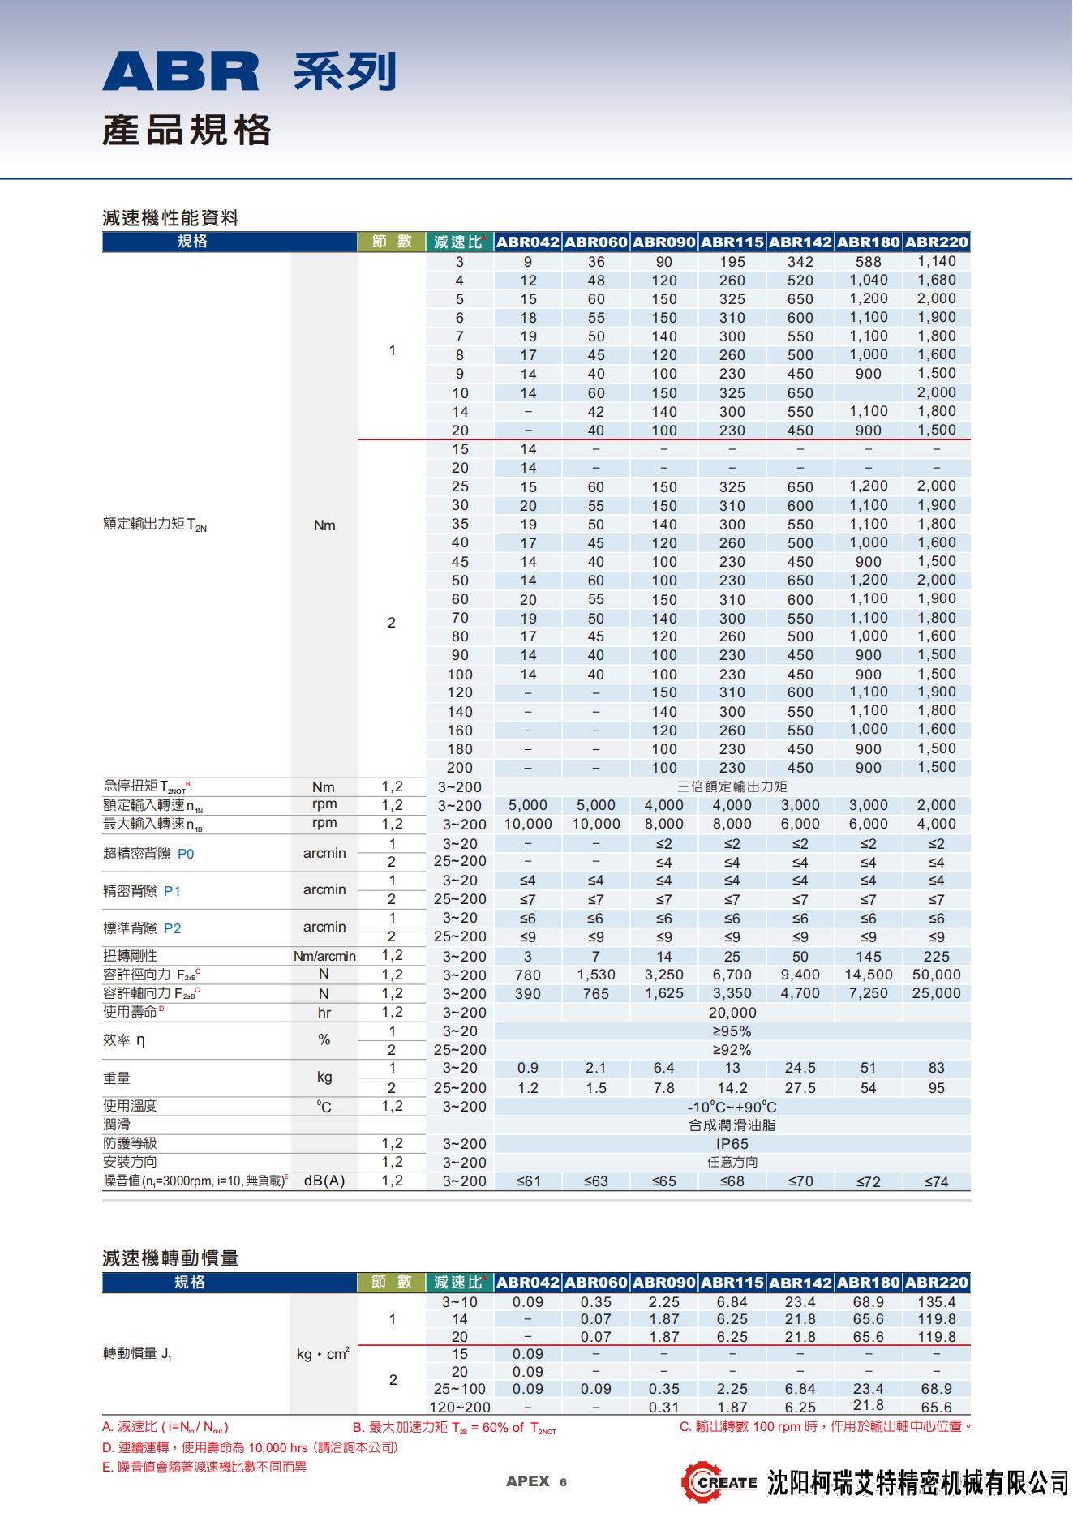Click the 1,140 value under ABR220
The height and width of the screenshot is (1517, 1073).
[x=936, y=262]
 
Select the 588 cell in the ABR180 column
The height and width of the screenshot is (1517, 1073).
[x=868, y=262]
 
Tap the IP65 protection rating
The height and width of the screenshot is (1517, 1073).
[x=732, y=1144]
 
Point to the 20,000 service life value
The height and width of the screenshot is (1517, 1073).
[x=732, y=1013]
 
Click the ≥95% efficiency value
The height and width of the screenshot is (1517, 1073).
[x=732, y=1031]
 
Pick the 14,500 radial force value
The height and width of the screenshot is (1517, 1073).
[x=868, y=975]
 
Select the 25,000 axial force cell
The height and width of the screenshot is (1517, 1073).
[x=936, y=994]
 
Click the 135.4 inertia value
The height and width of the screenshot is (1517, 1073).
[x=936, y=1302]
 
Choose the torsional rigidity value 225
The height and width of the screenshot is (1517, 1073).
[x=936, y=957]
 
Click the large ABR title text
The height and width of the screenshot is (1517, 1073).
[x=181, y=71]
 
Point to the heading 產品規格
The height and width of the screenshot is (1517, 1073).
[x=186, y=131]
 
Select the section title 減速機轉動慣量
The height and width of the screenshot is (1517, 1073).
[x=170, y=1258]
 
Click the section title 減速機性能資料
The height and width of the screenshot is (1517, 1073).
[x=170, y=218]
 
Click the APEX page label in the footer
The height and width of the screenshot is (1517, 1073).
[x=528, y=1481]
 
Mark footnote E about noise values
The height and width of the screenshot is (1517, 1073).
[x=204, y=1467]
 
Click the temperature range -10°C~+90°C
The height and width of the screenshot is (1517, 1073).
[x=732, y=1107]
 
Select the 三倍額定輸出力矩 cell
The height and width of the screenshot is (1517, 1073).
[x=732, y=786]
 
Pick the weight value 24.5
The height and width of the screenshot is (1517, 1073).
[x=800, y=1069]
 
